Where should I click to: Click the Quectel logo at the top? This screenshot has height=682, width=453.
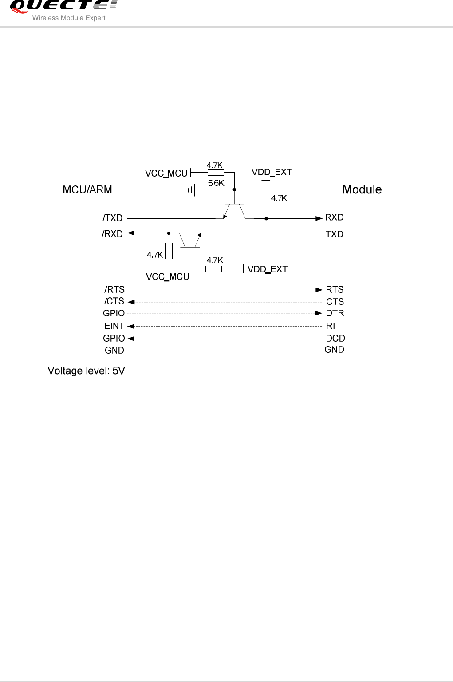point(65,6)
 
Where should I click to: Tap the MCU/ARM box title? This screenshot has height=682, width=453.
point(87,190)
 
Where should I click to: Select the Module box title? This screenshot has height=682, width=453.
point(362,189)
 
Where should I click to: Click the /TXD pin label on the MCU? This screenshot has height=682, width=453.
point(113,218)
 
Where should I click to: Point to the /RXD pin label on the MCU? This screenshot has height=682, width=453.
point(112,234)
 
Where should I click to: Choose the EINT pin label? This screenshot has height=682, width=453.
point(114,326)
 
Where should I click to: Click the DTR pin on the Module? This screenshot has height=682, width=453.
point(335,313)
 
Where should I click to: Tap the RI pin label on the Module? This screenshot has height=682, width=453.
point(331,326)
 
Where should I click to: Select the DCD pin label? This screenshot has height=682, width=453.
point(335,338)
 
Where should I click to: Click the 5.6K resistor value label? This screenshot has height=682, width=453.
point(216,183)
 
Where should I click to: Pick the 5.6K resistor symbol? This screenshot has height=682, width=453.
point(217,190)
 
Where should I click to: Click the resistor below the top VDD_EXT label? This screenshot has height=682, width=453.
point(266,197)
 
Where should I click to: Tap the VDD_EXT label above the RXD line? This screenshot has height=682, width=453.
point(272,172)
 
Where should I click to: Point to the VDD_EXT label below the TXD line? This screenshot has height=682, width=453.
point(267,269)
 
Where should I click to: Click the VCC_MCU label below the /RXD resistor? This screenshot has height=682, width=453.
point(167,277)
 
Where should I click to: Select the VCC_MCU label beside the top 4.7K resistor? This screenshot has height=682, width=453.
point(166,173)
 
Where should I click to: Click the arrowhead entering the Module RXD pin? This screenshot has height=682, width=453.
point(319,218)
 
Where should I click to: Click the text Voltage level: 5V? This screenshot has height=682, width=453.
point(86,371)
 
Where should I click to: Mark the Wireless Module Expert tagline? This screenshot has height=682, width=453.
point(69,18)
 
